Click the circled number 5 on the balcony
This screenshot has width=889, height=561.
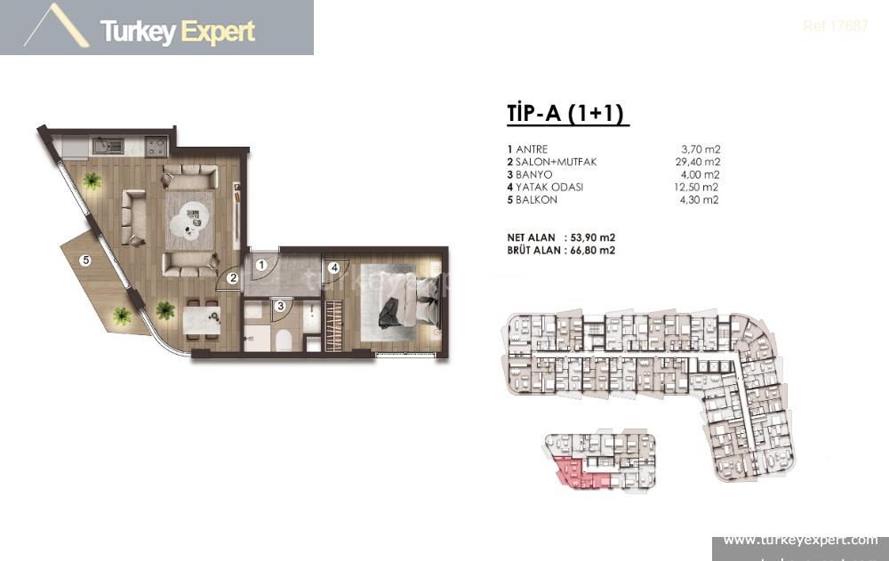click(x=85, y=260)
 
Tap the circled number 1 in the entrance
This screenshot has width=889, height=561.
click(x=262, y=264)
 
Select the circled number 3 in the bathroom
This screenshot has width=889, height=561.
click(x=279, y=305)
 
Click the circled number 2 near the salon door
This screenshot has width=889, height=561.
click(x=232, y=278)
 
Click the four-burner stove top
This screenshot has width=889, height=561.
click(x=154, y=144)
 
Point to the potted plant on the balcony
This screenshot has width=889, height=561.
click(x=121, y=315)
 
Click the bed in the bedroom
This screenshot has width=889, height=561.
click(x=404, y=302)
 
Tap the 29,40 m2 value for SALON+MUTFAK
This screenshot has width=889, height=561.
click(x=697, y=162)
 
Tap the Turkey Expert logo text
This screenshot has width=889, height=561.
click(x=178, y=32)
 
